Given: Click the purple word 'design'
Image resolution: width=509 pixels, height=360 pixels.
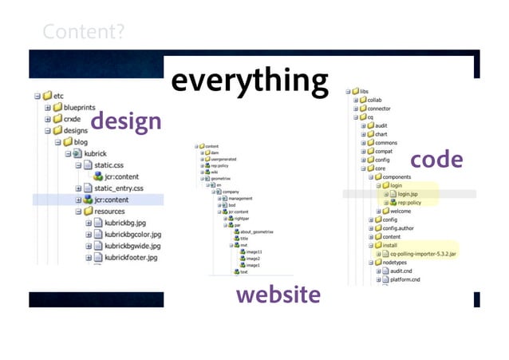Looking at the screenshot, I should [125, 122].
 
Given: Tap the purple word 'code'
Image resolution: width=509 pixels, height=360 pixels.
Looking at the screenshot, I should [436, 159].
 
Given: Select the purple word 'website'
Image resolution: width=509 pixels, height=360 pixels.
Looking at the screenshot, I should [278, 295].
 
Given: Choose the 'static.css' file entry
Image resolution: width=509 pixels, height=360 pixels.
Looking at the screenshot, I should [112, 164].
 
